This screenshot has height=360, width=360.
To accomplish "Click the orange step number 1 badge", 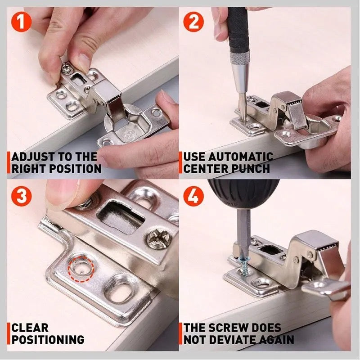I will coord(21,22).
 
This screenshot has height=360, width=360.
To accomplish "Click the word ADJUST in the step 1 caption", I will coord(32,157).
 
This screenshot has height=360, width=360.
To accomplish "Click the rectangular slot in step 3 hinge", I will coord(121,216).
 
